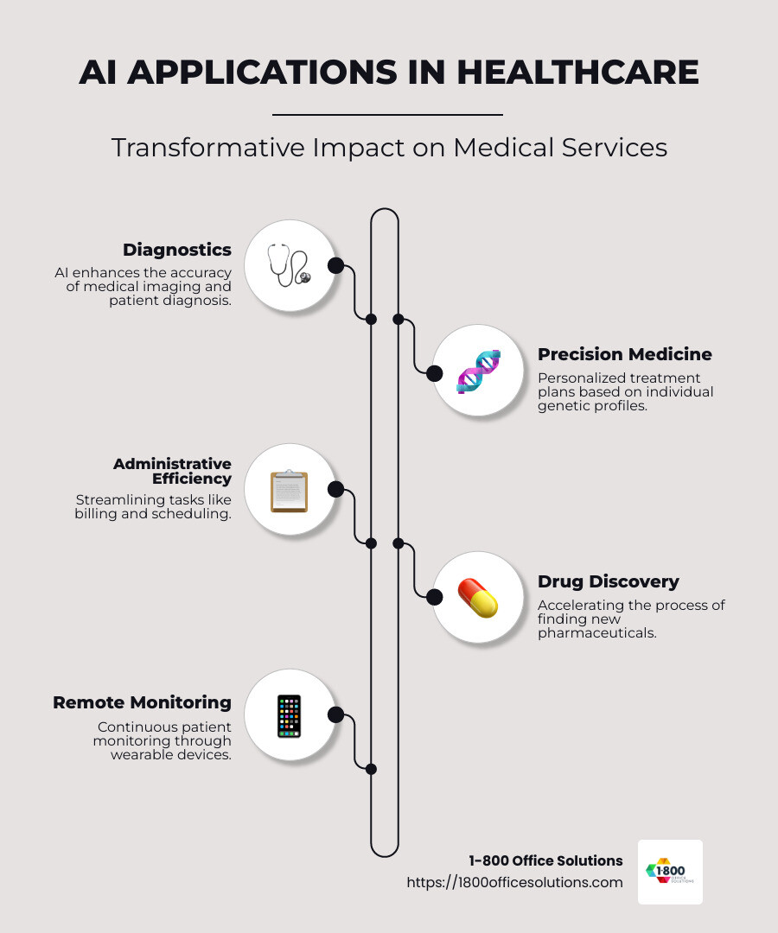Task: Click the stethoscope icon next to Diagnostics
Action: [x=290, y=264]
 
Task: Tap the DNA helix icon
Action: [x=478, y=371]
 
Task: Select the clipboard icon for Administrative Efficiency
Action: [x=290, y=491]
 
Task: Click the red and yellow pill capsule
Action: [x=477, y=598]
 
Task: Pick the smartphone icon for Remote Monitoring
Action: [x=290, y=716]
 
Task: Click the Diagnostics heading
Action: [x=177, y=250]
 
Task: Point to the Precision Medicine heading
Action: [x=625, y=354]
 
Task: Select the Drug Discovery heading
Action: [x=609, y=581]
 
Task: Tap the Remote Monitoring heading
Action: [x=143, y=702]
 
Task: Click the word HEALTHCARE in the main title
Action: [x=577, y=72]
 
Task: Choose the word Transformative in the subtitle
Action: [x=207, y=148]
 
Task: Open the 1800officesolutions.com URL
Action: [x=515, y=882]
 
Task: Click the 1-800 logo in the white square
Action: [x=670, y=872]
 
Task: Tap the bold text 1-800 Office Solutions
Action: [x=545, y=860]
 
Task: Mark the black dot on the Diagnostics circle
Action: [x=335, y=265]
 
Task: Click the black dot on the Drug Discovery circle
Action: [x=435, y=597]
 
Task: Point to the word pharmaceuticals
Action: [x=597, y=633]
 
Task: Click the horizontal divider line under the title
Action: [x=387, y=114]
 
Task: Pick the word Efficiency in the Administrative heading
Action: [x=192, y=479]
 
